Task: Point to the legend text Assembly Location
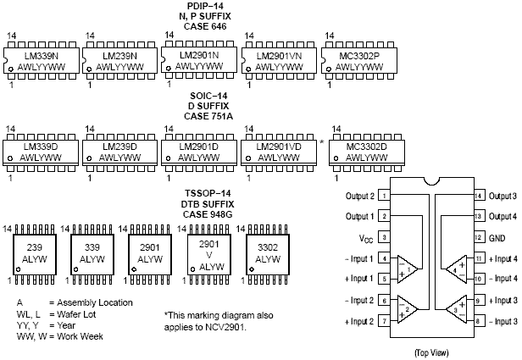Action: pyautogui.click(x=94, y=302)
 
